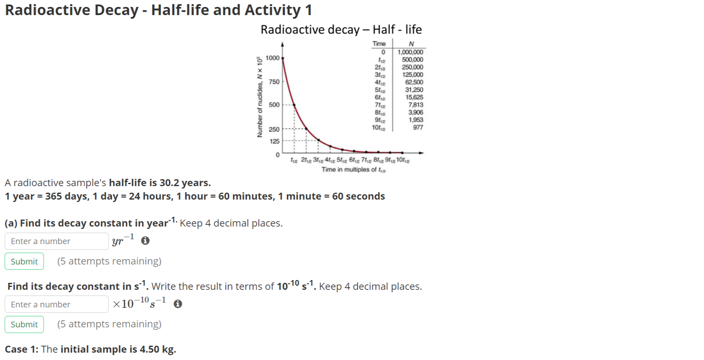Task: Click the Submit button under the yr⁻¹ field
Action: [x=24, y=261]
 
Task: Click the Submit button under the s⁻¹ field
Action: [x=24, y=324]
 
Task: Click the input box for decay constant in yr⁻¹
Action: [x=56, y=241]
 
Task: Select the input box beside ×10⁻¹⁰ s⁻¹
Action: [x=56, y=304]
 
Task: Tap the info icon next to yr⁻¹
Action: [x=145, y=241]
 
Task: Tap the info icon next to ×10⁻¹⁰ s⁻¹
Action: [x=177, y=304]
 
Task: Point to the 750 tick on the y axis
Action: [x=274, y=82]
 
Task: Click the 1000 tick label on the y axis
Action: [x=272, y=58]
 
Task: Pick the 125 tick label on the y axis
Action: [x=275, y=141]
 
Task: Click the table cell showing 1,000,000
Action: [x=410, y=52]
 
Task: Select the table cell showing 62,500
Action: [x=414, y=82]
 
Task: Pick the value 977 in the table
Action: [x=418, y=127]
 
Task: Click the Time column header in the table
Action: [x=379, y=44]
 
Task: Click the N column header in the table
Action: [x=411, y=44]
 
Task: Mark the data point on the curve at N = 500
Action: [x=294, y=105]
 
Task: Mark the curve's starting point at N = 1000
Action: [x=283, y=58]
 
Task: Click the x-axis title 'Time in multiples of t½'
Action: [x=353, y=169]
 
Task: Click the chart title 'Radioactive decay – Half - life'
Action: [x=341, y=29]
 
